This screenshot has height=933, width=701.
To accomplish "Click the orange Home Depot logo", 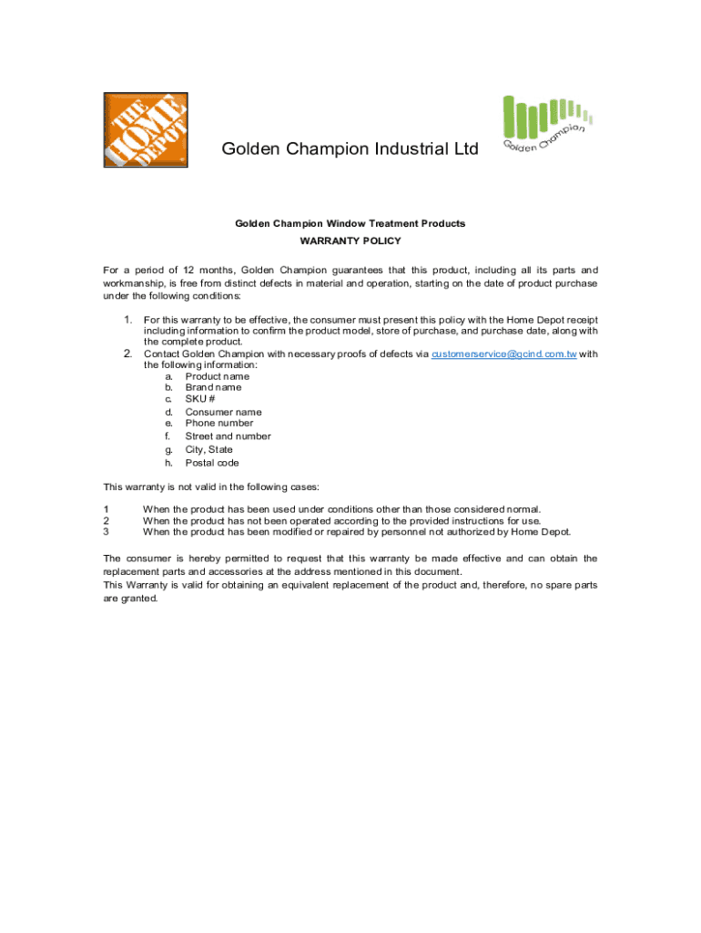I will [x=146, y=129].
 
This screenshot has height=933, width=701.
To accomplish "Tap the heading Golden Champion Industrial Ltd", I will [x=350, y=149].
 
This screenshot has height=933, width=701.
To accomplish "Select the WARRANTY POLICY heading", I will [x=350, y=241].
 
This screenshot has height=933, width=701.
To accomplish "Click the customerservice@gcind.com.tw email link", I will [x=503, y=354].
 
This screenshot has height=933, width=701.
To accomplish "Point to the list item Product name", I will [x=217, y=376].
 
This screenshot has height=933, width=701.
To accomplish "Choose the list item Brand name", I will [x=213, y=388].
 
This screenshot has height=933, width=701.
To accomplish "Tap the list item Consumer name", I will [x=223, y=412].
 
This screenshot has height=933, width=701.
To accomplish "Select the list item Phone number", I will [x=219, y=423].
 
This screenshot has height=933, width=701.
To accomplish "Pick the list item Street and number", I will [x=228, y=436].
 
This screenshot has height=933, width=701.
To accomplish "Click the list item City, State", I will [x=208, y=449].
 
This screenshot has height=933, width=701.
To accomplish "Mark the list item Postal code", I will [x=212, y=463].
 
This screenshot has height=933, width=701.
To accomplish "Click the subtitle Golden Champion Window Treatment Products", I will [x=350, y=223].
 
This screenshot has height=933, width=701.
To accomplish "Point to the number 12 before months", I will [x=188, y=271].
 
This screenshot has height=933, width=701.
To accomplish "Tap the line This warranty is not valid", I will [x=210, y=487].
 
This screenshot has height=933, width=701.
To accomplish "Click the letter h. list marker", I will [x=169, y=463].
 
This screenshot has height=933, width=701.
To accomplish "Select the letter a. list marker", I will [x=169, y=376].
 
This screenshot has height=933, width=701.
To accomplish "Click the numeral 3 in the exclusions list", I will [x=107, y=532].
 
